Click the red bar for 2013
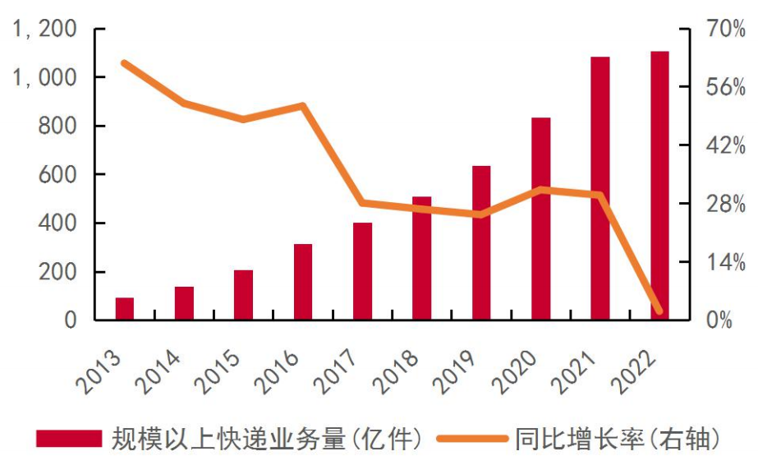(x=125, y=309)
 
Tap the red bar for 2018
(x=422, y=258)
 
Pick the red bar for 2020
(x=540, y=219)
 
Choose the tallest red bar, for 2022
(x=659, y=186)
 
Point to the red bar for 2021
(x=600, y=188)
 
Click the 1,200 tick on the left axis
(x=48, y=30)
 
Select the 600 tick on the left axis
(x=57, y=175)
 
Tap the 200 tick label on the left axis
(x=57, y=272)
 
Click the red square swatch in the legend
(x=69, y=439)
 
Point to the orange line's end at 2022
(x=659, y=311)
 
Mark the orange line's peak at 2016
(x=303, y=106)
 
